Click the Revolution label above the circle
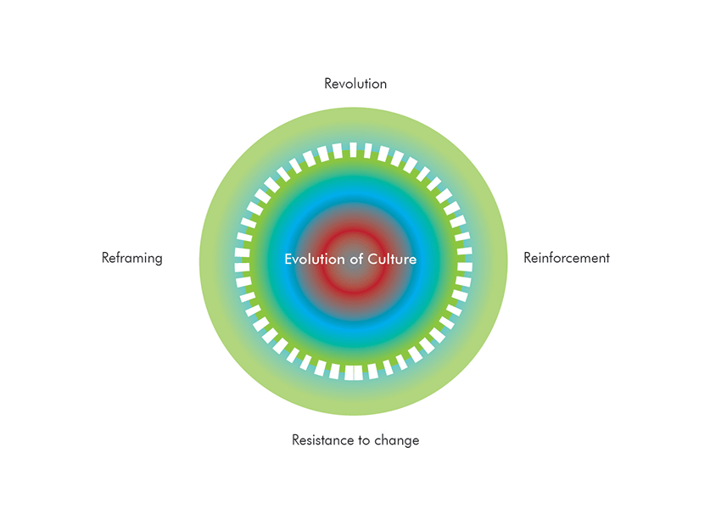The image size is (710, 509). (x=355, y=84)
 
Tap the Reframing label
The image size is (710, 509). (x=131, y=258)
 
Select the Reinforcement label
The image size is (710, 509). (x=567, y=258)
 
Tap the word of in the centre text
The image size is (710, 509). (x=357, y=259)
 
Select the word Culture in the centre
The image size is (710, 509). (x=392, y=259)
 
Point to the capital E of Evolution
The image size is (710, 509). (x=288, y=259)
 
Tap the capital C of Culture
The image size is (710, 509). (x=372, y=259)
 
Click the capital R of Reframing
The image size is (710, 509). (x=105, y=258)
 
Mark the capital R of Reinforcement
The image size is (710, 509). (x=528, y=258)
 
